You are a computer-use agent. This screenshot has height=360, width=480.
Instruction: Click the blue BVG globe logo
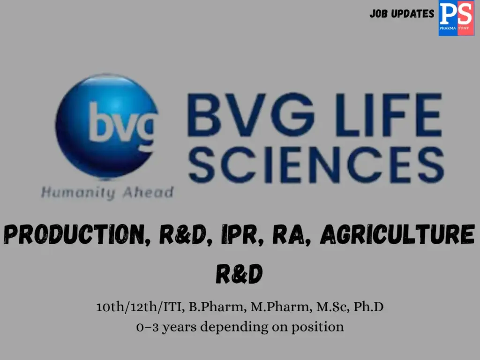click(106, 126)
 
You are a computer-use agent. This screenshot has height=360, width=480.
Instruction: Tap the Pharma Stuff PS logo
click(456, 18)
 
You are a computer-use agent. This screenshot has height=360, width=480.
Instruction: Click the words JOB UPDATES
click(402, 14)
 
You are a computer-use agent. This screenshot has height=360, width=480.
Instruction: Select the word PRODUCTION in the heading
click(77, 235)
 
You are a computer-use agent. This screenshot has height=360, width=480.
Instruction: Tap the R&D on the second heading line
click(239, 274)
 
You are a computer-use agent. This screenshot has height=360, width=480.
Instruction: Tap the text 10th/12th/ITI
click(140, 308)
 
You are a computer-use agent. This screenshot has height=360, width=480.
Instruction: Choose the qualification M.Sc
click(318, 308)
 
